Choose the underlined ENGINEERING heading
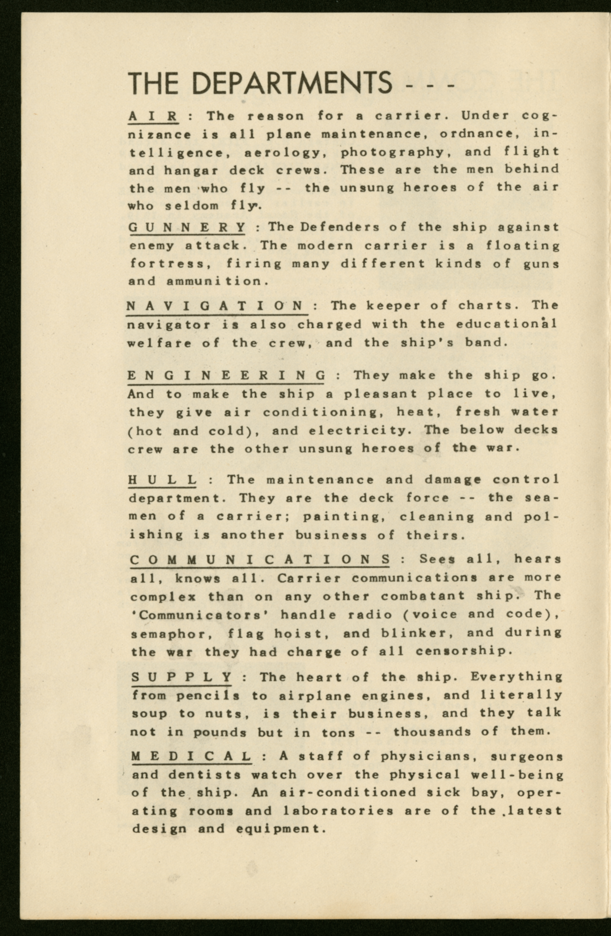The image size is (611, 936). (226, 376)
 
